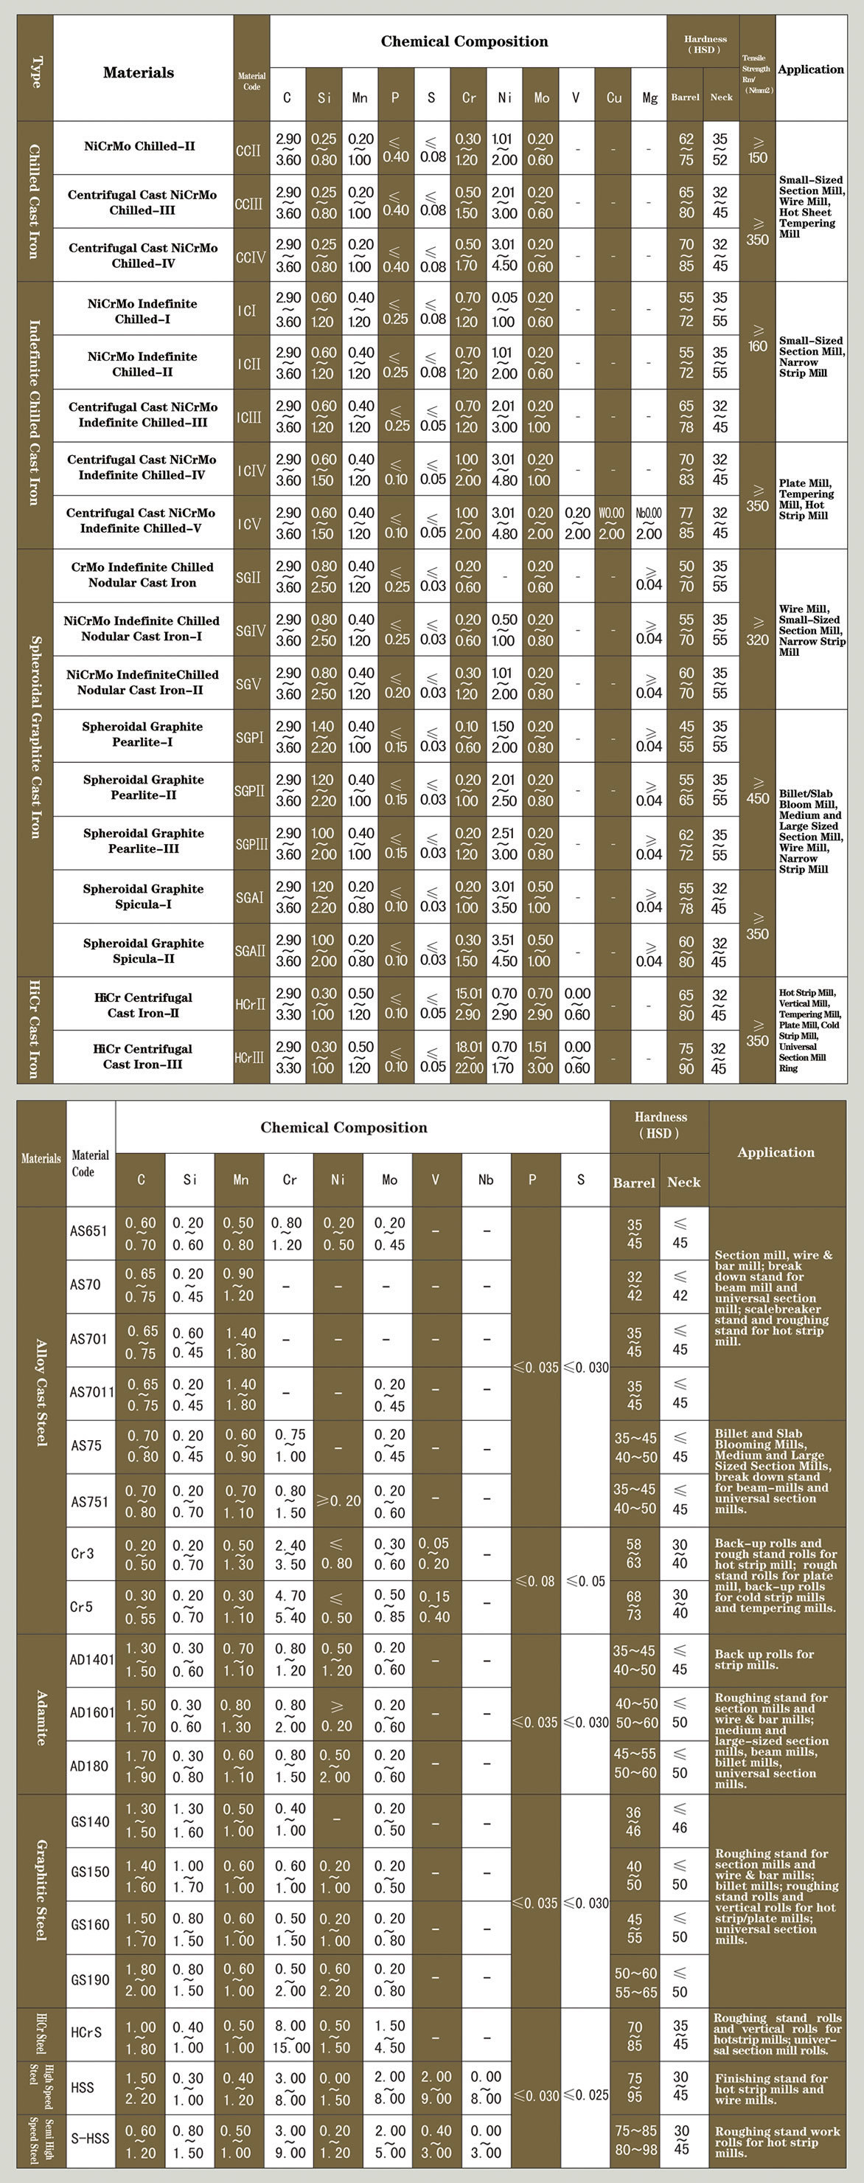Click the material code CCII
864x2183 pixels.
tap(248, 150)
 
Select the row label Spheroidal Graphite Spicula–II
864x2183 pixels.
tap(143, 950)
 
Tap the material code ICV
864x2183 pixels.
tap(249, 524)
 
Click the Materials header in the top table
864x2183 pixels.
tap(138, 73)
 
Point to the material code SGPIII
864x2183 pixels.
tap(251, 844)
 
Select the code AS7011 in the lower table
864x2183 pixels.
tap(91, 1391)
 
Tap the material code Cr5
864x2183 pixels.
tap(81, 1606)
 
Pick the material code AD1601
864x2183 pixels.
tap(91, 1712)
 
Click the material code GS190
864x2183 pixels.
tap(90, 1979)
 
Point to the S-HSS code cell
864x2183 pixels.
tap(90, 2138)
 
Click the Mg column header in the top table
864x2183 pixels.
tap(649, 97)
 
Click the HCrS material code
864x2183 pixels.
tap(86, 2032)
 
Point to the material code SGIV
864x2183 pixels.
tap(250, 631)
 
